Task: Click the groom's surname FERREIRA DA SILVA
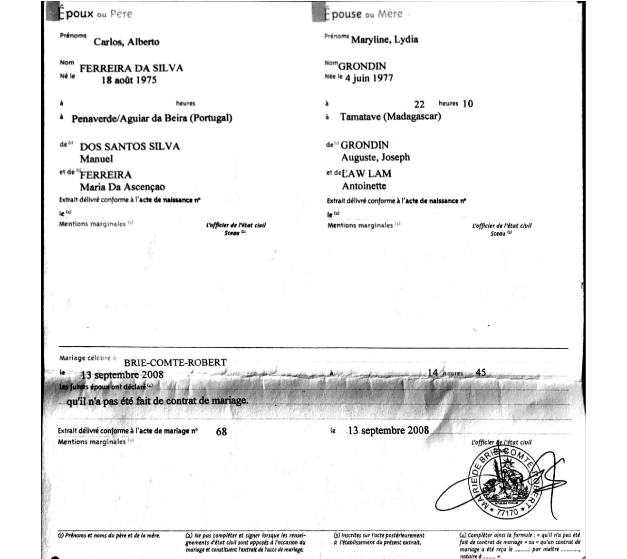tap(131, 68)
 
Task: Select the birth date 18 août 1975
tap(129, 80)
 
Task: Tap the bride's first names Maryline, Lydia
tap(385, 39)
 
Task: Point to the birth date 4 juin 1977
tap(369, 78)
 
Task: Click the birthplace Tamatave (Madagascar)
tap(390, 116)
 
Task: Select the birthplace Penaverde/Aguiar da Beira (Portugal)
tap(152, 118)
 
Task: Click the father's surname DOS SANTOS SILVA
tap(129, 146)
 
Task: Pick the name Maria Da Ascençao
tap(122, 187)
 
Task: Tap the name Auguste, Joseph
tap(375, 157)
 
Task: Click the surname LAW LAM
tap(366, 173)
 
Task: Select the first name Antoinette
tap(364, 186)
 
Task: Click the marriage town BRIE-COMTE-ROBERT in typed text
tap(175, 362)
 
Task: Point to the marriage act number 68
tap(221, 432)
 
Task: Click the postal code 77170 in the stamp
tap(507, 513)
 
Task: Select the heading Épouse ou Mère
tap(363, 14)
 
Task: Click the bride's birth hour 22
tap(419, 104)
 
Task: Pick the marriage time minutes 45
tap(481, 372)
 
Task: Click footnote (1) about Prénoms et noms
tap(109, 535)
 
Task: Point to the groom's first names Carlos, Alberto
tap(126, 42)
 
